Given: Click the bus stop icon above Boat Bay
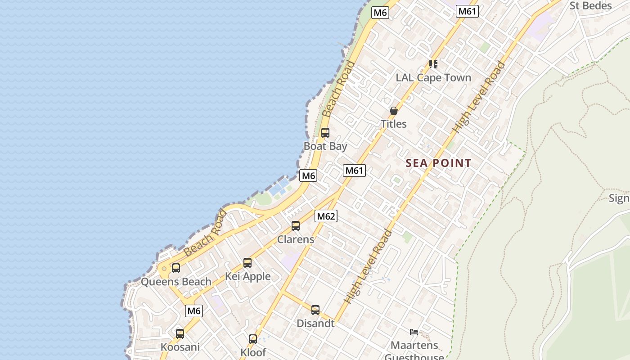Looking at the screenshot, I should click(325, 133).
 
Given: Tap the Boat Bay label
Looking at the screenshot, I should click(325, 146).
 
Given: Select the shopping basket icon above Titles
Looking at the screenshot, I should click(394, 111).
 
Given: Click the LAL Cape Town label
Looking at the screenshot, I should click(433, 77).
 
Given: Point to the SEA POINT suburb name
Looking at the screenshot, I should click(438, 163).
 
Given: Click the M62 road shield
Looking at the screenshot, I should click(326, 216).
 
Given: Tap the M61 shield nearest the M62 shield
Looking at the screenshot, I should click(354, 171).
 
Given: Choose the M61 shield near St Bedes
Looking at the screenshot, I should click(467, 11).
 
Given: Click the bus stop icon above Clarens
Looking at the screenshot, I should click(296, 226).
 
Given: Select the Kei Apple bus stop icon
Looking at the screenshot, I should click(247, 263).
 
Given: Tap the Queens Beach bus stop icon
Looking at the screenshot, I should click(176, 268).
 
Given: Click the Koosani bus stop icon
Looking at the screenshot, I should click(180, 334).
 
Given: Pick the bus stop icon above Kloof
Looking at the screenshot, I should click(253, 339).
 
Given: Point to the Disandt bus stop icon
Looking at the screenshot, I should click(315, 310).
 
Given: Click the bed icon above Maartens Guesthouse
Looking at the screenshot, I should click(414, 333).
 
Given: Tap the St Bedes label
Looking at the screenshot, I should click(590, 5).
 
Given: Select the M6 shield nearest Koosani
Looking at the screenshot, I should click(193, 310).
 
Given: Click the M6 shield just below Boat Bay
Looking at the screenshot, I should click(308, 175).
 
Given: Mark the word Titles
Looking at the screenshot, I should click(394, 124).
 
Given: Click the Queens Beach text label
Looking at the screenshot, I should click(176, 282).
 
